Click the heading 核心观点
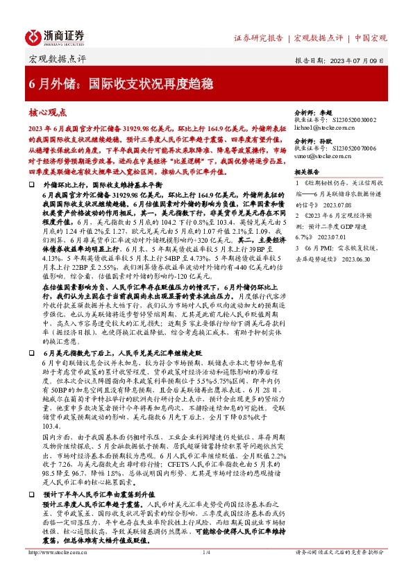[x=48, y=112]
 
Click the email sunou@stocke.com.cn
[x=326, y=158]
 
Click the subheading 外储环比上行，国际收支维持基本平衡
[x=103, y=187]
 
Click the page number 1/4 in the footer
[x=206, y=572]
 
